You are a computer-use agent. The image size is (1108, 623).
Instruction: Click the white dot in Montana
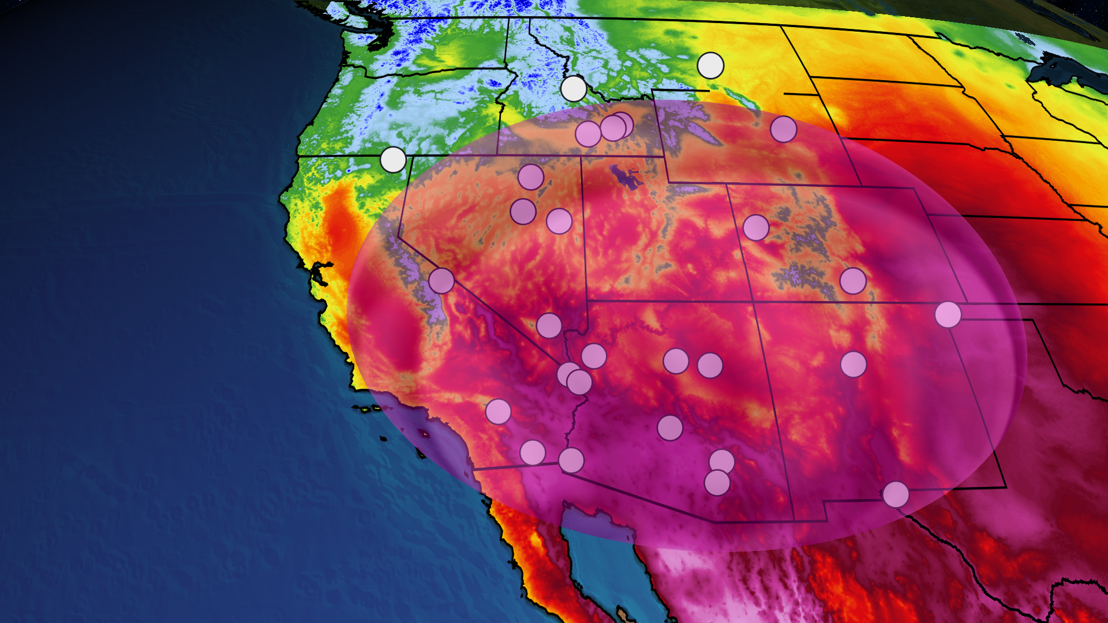(x=710, y=66)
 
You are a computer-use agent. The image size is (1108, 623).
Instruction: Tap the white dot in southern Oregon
(x=394, y=160)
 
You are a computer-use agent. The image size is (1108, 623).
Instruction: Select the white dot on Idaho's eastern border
(x=574, y=89)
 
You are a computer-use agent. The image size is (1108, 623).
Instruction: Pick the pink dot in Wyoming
(x=784, y=129)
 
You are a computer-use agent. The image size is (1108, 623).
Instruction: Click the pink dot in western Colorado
(x=756, y=228)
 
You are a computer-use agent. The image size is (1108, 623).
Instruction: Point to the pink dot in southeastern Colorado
(x=853, y=281)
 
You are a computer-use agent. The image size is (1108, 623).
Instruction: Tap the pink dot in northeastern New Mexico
(x=854, y=365)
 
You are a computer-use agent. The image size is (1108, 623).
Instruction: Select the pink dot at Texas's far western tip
(x=896, y=494)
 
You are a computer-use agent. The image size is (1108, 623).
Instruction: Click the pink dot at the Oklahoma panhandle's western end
(x=948, y=314)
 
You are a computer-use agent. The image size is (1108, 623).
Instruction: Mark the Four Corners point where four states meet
(x=754, y=302)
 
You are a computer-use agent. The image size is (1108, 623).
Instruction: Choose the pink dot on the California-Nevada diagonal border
(x=441, y=281)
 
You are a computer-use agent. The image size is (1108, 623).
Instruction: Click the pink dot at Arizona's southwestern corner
(x=571, y=460)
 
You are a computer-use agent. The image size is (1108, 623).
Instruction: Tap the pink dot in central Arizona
(x=670, y=428)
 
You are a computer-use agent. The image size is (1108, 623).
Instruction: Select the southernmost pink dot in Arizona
(x=717, y=483)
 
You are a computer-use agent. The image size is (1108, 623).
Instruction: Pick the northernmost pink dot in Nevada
(x=531, y=177)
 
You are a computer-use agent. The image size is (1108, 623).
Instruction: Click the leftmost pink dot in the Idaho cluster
(x=588, y=134)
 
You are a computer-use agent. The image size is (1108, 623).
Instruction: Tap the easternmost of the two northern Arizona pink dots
(x=710, y=365)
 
